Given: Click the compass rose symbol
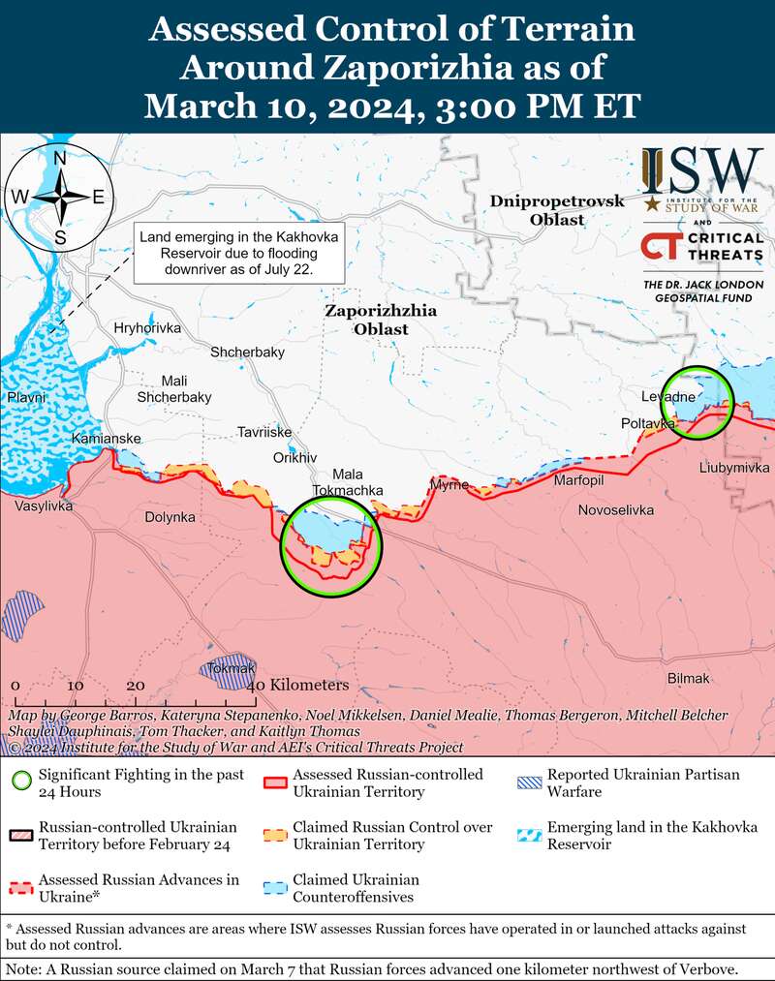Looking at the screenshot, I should (x=59, y=196).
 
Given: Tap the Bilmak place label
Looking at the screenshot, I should (x=689, y=678).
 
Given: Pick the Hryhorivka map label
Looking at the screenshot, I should (x=147, y=328).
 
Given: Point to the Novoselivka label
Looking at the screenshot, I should (x=615, y=509).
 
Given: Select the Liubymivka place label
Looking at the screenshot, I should (x=734, y=468).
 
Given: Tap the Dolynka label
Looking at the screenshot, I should (x=170, y=517).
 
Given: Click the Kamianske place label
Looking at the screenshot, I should (x=107, y=439).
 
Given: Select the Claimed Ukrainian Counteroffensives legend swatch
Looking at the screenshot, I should (x=275, y=884).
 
